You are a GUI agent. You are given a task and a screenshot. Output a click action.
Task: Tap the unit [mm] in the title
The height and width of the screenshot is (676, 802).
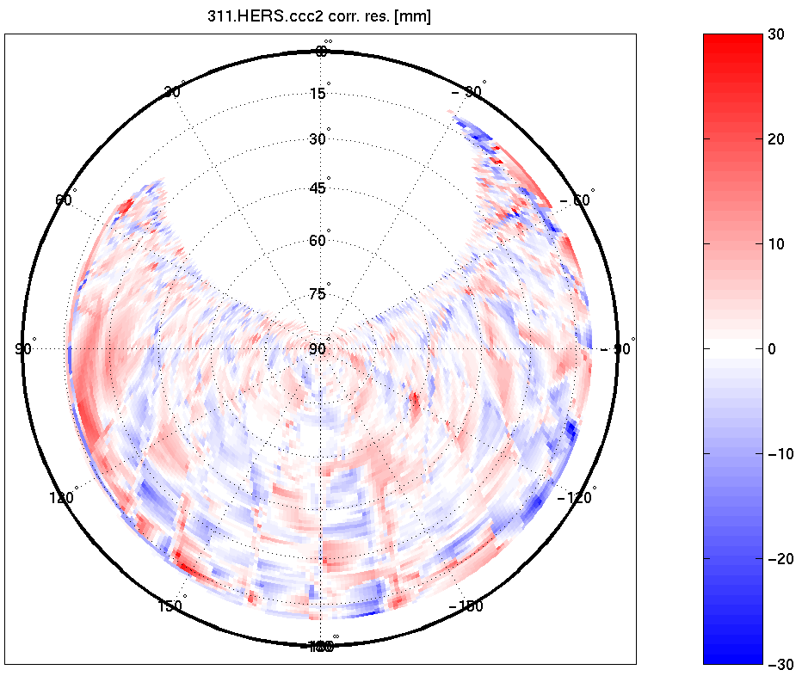pos(413,16)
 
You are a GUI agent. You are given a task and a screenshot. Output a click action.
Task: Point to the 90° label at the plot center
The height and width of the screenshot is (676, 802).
pos(318,348)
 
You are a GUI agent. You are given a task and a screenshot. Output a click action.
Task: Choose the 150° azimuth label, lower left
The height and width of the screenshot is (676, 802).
pos(170,605)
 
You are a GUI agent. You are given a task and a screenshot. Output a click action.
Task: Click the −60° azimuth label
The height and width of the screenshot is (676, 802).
pos(577,200)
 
